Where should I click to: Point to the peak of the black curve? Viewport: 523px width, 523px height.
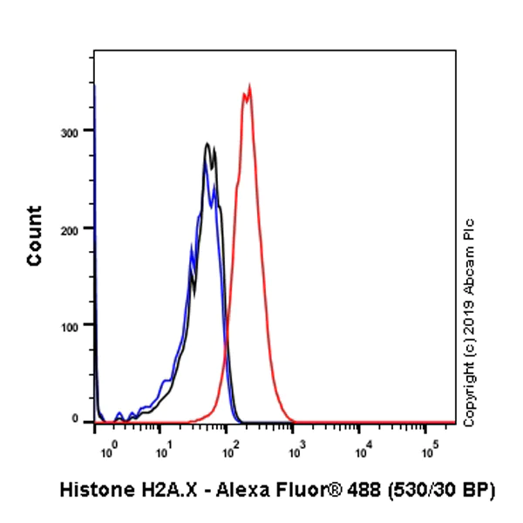point(207,144)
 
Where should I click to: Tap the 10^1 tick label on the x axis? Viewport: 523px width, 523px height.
point(163,452)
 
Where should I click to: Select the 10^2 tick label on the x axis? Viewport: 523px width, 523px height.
point(230,452)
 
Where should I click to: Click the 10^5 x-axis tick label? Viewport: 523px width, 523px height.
point(430,452)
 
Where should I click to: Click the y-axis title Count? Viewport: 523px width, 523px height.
point(36,235)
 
